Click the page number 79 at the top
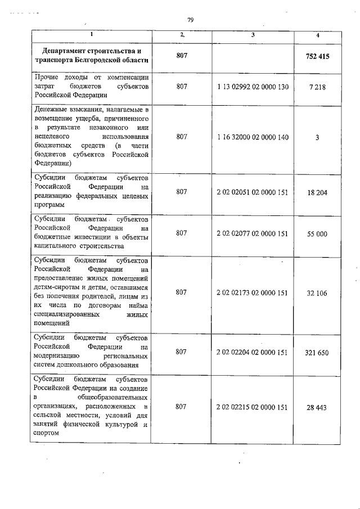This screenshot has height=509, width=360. (x=191, y=20)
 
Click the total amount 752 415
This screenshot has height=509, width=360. (x=318, y=57)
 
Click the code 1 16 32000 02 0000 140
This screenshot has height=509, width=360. (x=253, y=137)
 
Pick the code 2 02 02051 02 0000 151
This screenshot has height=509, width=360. (x=253, y=192)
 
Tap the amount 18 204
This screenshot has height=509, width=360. (x=318, y=192)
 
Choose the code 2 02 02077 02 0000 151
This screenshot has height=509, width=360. (x=253, y=233)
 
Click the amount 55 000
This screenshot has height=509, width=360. (x=318, y=233)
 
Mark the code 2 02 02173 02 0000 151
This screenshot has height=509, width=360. (x=253, y=292)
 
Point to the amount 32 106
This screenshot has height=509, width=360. (x=318, y=292)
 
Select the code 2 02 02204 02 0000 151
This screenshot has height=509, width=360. (x=253, y=353)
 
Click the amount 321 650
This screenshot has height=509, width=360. (x=318, y=353)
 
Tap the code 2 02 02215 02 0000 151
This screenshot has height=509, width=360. (x=253, y=406)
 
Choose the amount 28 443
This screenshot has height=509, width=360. (x=318, y=406)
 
